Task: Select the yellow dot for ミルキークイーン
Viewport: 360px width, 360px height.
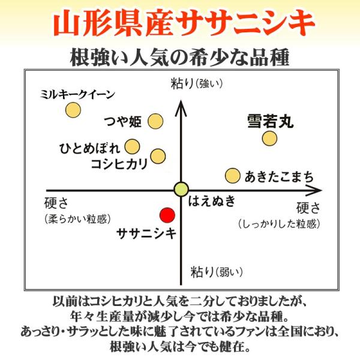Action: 73,110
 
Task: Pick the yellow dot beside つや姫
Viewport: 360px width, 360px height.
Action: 155,121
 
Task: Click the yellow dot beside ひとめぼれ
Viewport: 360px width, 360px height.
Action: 133,146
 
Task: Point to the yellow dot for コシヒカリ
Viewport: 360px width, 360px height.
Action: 158,156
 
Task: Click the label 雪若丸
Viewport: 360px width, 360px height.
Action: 269,122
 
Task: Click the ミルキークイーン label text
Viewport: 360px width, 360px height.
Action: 77,95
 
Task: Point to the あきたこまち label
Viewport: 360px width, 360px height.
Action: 278,177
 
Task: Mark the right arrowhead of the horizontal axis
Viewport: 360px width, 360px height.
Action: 316,191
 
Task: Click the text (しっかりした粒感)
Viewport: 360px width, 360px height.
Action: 278,224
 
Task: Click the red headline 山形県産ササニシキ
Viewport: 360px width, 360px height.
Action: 180,23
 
